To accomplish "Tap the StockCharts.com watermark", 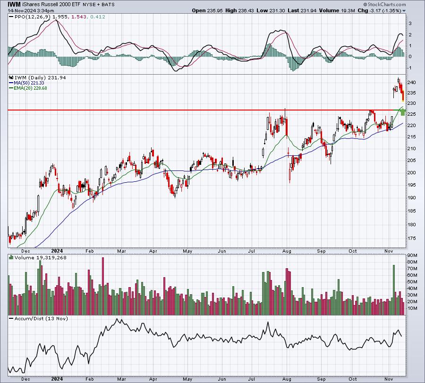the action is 384,4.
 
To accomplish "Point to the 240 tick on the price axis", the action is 411,82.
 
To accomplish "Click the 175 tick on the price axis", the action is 411,238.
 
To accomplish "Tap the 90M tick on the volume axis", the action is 412,255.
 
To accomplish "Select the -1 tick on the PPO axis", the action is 410,68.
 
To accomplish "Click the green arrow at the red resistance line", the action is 403,111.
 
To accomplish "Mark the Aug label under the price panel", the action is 287,251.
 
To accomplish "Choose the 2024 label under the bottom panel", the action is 57,379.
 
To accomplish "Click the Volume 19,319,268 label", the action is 41,257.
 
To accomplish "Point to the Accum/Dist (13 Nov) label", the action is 41,318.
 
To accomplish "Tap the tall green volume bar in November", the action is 394,290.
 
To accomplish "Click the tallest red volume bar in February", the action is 103,286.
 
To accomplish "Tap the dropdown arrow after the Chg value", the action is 404,11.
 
